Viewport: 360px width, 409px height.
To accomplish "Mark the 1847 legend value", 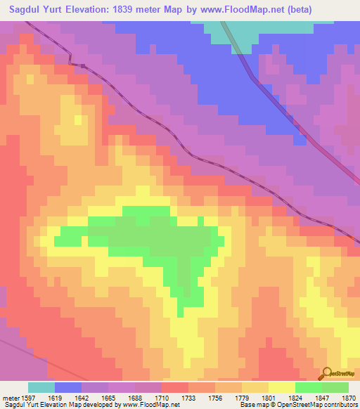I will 321,398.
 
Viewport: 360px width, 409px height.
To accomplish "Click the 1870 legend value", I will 347,398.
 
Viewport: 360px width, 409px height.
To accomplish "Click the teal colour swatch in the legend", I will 41,387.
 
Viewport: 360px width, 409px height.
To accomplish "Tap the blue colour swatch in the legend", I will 68,387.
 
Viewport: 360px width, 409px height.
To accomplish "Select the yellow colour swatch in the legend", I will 282,387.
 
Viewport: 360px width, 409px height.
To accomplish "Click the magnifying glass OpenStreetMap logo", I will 328,373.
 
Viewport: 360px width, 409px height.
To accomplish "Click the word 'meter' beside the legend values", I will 11,398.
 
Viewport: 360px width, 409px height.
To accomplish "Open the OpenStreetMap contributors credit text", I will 319,405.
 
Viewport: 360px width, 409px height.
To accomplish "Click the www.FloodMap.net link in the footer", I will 147,405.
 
